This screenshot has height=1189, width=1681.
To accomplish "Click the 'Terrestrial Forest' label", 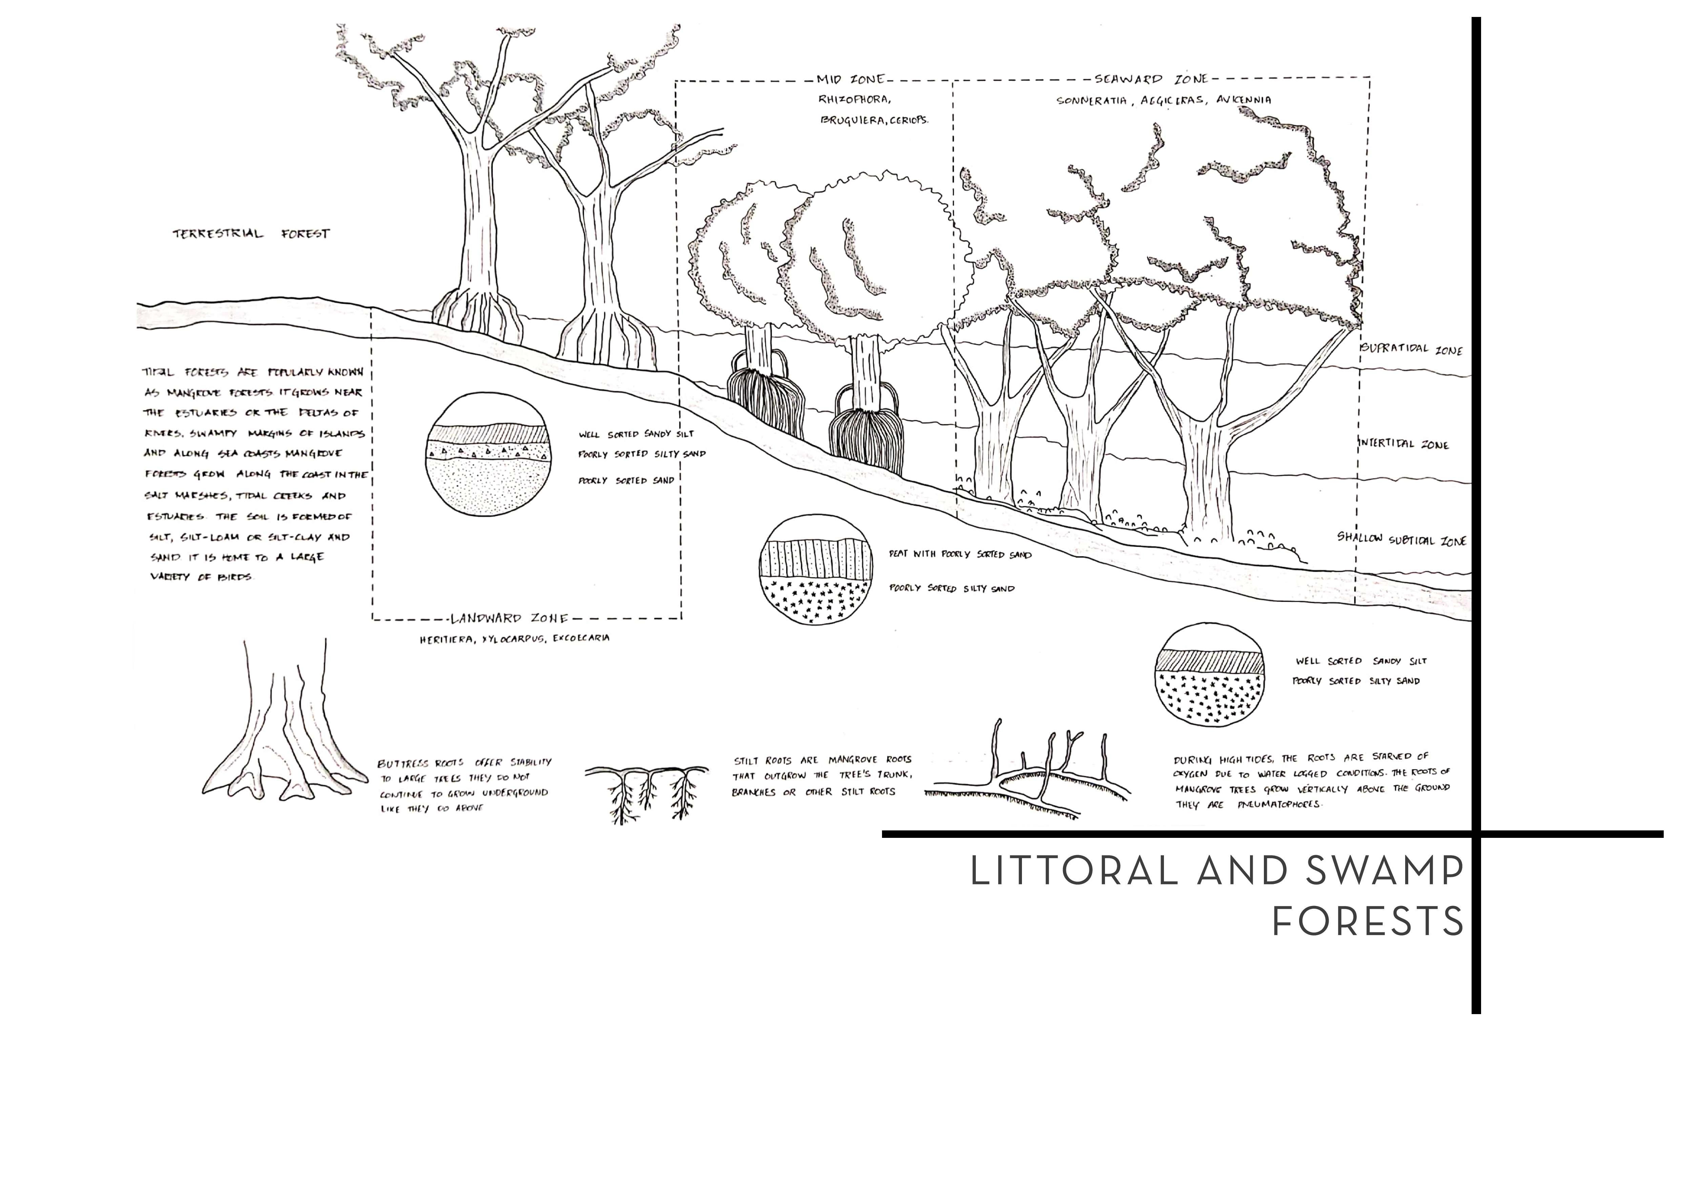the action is (251, 234).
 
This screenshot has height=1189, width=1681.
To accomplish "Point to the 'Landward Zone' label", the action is (510, 619).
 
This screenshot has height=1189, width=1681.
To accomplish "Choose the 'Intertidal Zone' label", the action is (1403, 444).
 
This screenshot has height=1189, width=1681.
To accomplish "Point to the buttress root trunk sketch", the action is (286, 725).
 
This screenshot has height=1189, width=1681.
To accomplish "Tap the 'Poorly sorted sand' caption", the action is (626, 481).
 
